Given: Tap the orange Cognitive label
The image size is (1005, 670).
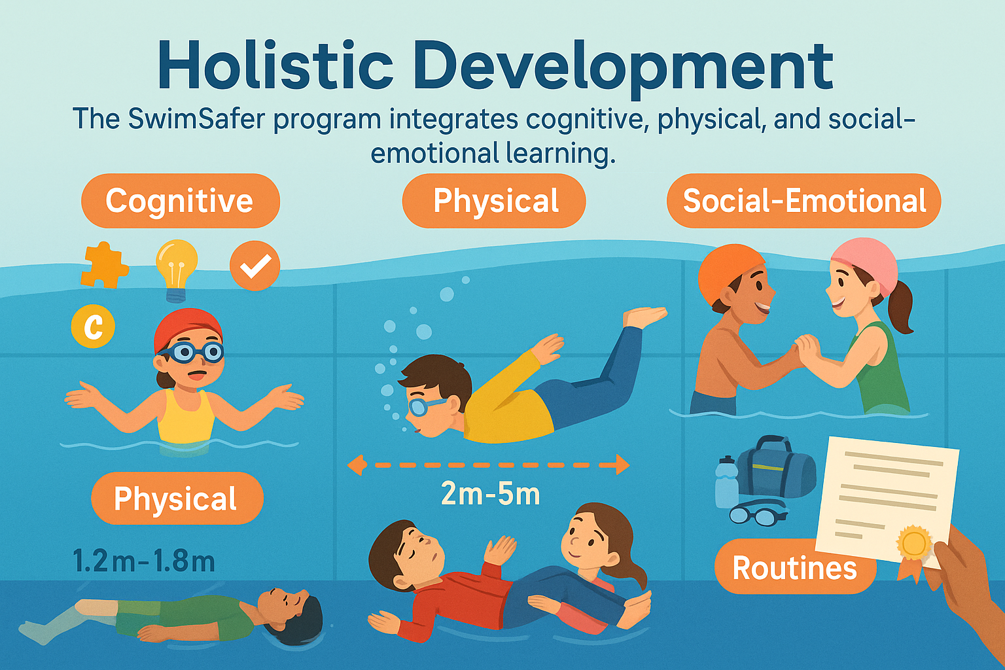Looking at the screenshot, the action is [x=181, y=201].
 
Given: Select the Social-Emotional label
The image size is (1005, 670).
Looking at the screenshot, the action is [x=804, y=201].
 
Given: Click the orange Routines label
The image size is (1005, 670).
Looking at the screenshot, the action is [x=794, y=568].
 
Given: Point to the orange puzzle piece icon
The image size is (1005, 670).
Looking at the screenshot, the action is [x=104, y=265].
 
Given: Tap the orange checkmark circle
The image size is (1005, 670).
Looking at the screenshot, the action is [x=255, y=266].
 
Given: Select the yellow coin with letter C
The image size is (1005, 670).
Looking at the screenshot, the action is [x=93, y=326].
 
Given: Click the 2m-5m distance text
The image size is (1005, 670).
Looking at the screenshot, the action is [x=490, y=494].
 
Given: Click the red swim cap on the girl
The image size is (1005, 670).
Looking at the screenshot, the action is [x=188, y=330].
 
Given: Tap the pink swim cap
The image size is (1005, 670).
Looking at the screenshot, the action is [x=864, y=265].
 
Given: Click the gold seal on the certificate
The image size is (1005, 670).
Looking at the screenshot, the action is [x=914, y=543].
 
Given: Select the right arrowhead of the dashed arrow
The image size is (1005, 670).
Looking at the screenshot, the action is [x=623, y=465].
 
